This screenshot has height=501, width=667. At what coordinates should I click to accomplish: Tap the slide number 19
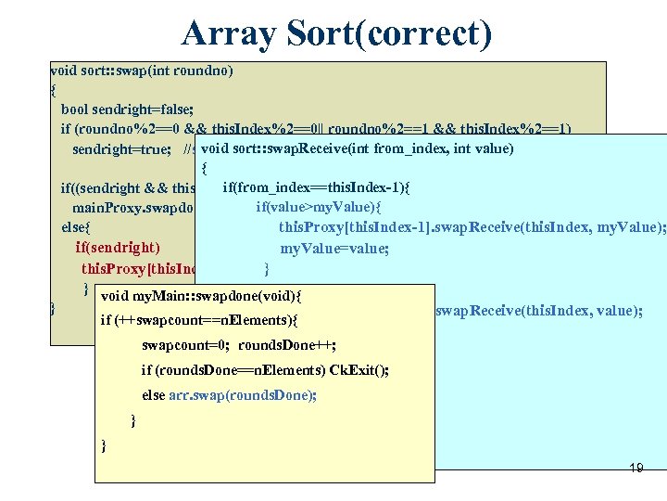tap(636, 468)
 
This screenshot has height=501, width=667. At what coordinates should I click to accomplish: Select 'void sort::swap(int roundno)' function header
tap(142, 70)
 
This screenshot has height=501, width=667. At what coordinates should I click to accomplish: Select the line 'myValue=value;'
tap(321, 248)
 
